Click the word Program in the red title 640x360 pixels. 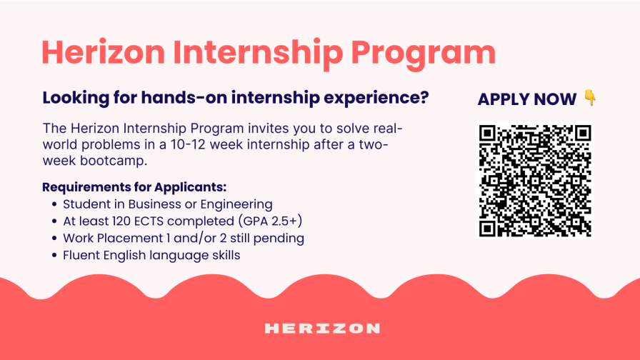pyautogui.click(x=424, y=54)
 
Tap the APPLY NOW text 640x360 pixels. pyautogui.click(x=527, y=99)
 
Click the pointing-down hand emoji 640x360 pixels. pyautogui.click(x=590, y=98)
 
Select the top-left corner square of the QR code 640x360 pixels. pyautogui.click(x=487, y=133)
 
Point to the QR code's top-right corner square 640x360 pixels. pyautogui.click(x=583, y=133)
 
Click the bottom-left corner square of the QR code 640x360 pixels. pyautogui.click(x=487, y=229)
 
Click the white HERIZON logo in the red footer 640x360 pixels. pyautogui.click(x=322, y=329)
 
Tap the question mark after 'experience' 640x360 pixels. pyautogui.click(x=424, y=97)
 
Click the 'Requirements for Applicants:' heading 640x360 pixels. pyautogui.click(x=134, y=187)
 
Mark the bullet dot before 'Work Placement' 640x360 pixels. pyautogui.click(x=54, y=239)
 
